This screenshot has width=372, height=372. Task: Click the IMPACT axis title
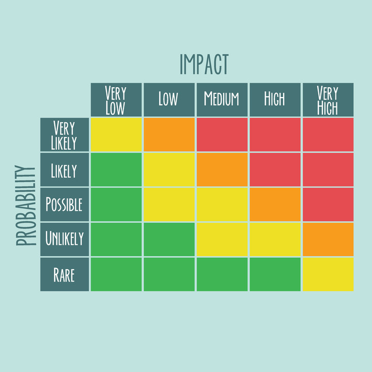click(x=204, y=64)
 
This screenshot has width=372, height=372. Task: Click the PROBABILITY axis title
click(x=26, y=205)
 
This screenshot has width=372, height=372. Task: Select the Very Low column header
click(x=116, y=100)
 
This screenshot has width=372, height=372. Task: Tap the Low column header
click(x=168, y=100)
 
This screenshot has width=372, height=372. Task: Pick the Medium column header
click(x=222, y=100)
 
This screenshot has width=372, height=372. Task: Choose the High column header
click(x=274, y=100)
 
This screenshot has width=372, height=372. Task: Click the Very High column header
click(x=328, y=100)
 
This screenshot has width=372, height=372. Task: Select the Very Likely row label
click(x=64, y=134)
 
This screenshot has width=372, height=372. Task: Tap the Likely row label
click(x=64, y=170)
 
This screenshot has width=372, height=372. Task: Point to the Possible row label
click(x=64, y=205)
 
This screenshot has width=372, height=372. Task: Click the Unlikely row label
click(x=64, y=239)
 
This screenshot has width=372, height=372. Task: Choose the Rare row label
click(x=64, y=274)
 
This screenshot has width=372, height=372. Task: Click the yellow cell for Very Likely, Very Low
click(x=116, y=134)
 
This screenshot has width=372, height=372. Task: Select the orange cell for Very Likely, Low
click(x=168, y=134)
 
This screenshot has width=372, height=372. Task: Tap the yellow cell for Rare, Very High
click(x=328, y=274)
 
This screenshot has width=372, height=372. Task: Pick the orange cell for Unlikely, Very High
click(x=328, y=239)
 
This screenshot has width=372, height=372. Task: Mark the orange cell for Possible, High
click(x=274, y=205)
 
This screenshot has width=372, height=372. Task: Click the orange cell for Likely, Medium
click(x=222, y=170)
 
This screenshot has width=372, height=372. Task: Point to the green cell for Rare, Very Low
click(x=116, y=274)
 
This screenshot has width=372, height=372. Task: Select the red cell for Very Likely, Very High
click(x=328, y=134)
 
